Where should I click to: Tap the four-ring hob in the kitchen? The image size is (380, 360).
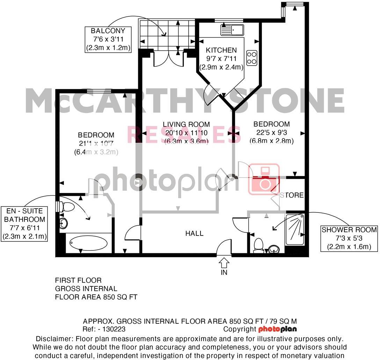[x=252, y=58]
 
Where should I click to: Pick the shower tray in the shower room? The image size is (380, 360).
[x=295, y=229]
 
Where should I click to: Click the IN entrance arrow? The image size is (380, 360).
[x=224, y=262]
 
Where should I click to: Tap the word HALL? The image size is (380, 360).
[x=195, y=233]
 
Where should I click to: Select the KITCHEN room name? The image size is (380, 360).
[x=221, y=50]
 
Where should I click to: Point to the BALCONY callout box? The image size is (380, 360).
[x=108, y=40]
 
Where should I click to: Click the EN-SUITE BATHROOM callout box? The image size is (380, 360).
[x=24, y=224]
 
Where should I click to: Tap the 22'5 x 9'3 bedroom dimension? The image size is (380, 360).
[x=271, y=133]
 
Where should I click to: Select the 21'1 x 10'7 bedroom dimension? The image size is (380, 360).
[x=96, y=143]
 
